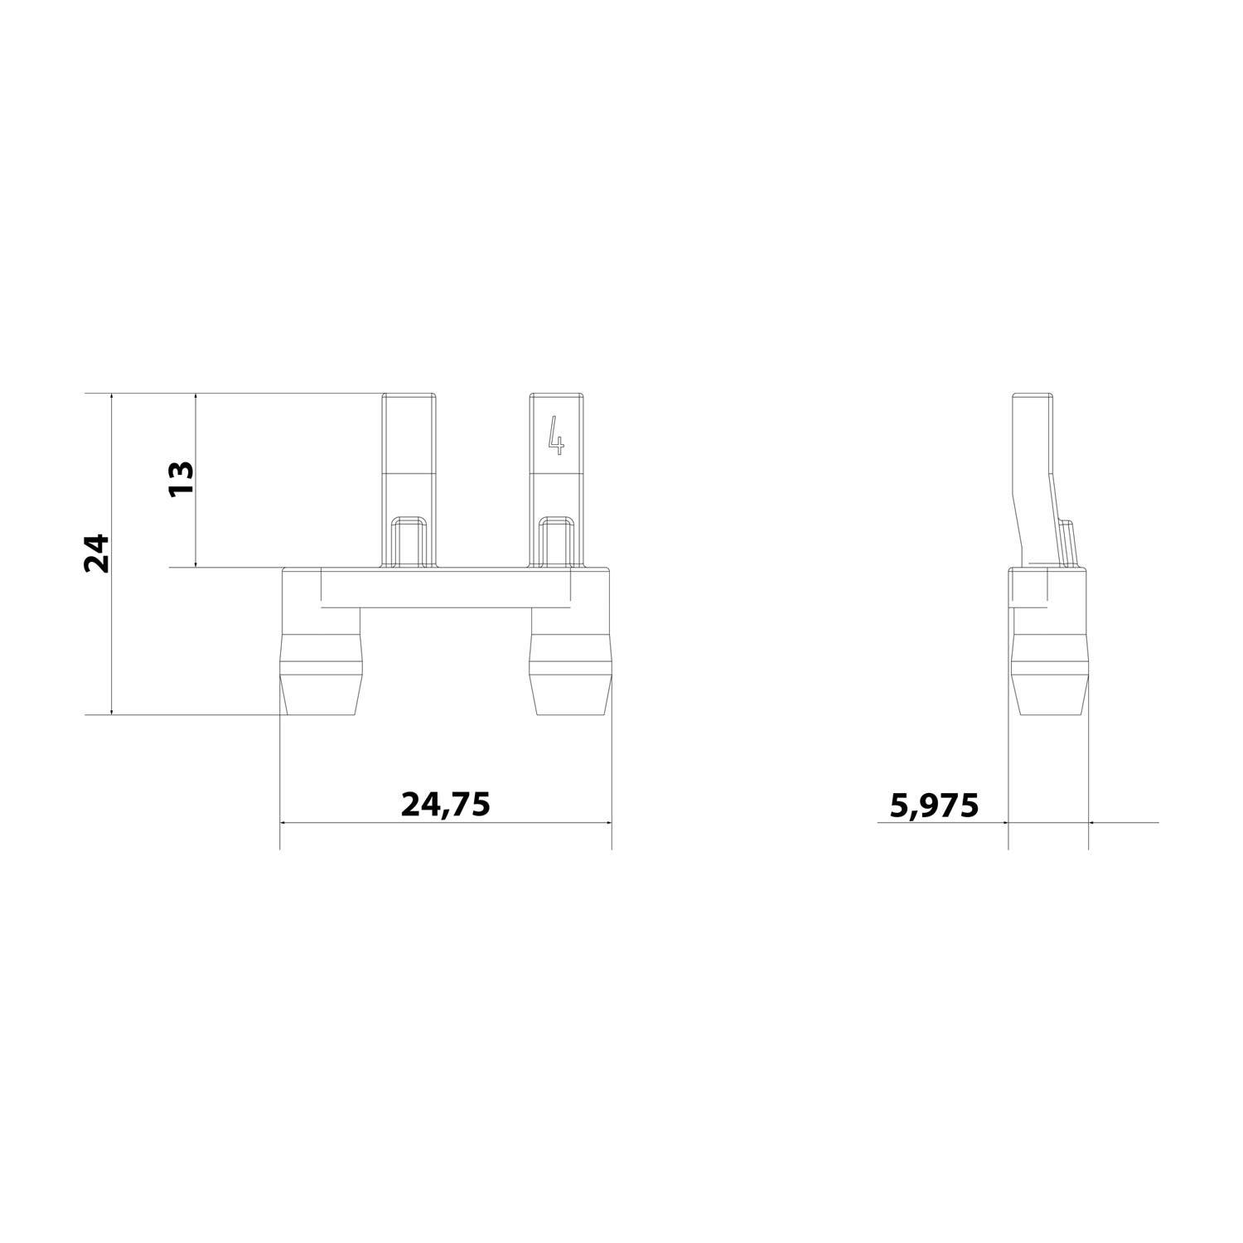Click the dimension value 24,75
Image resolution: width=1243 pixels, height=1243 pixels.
446,804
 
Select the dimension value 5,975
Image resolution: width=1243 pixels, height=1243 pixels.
934,805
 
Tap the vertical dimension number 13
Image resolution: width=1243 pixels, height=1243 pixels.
181,478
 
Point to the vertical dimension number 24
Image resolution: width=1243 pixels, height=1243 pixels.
97,553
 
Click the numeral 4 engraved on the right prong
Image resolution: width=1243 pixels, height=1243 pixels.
556,435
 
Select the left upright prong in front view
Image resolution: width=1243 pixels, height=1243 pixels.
409,464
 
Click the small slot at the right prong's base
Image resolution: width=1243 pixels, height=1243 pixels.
556,542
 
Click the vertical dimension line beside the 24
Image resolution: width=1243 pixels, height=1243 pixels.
111,630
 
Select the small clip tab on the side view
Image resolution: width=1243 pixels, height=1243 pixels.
1069,543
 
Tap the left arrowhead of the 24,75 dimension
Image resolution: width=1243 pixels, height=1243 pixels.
285,823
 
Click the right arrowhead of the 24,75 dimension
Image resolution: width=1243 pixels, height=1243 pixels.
607,823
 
